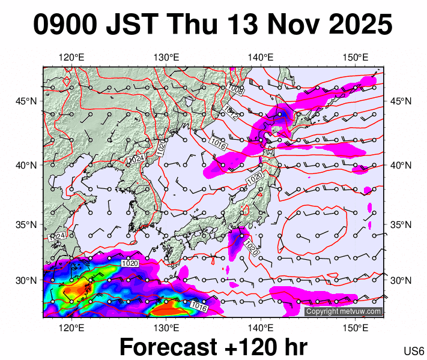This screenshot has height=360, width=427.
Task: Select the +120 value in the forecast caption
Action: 250,347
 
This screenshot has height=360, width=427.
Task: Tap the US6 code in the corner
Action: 414,350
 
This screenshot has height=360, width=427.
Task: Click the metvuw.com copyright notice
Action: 344,311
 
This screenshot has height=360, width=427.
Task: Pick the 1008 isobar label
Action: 235,90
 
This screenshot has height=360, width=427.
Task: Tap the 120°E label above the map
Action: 71,58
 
